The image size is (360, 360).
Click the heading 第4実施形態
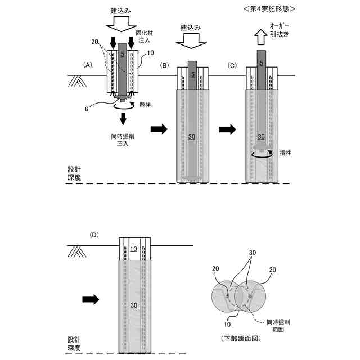268,10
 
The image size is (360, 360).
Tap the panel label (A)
88,65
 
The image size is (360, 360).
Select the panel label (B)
165,65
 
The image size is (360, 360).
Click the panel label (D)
94,234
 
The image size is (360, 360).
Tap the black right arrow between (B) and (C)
227,129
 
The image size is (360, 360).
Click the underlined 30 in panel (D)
134,305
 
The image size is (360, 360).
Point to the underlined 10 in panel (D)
134,249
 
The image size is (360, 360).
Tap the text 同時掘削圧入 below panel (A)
123,139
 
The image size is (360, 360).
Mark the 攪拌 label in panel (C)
286,152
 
